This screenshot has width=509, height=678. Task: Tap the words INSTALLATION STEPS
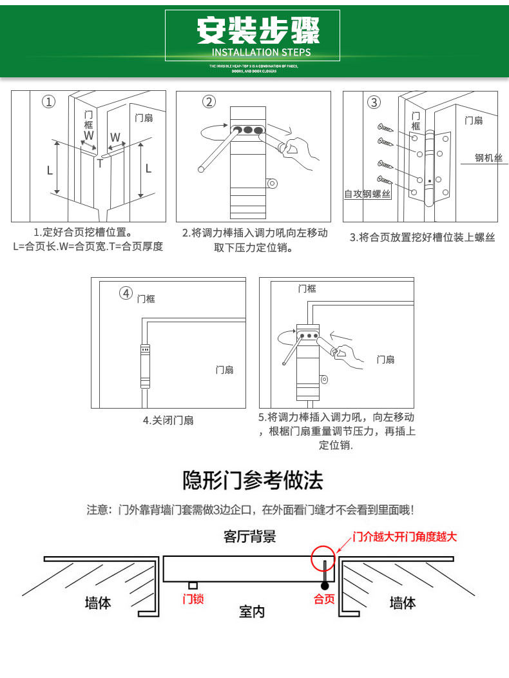tap(261, 52)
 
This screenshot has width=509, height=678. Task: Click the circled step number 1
tap(49, 102)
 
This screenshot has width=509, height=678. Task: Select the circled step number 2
tap(209, 102)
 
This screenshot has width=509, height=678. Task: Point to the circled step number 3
tap(374, 102)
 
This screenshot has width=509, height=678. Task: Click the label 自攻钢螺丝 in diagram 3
tap(367, 193)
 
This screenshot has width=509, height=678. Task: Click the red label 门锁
tap(193, 599)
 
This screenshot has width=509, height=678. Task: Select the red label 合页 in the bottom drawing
tap(324, 599)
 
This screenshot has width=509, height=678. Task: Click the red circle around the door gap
tap(323, 559)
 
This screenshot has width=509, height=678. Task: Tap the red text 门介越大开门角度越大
tap(404, 536)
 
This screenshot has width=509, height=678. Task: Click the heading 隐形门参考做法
tap(253, 481)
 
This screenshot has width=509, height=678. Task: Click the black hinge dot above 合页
tap(325, 585)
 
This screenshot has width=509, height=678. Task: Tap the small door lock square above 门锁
tap(192, 585)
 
